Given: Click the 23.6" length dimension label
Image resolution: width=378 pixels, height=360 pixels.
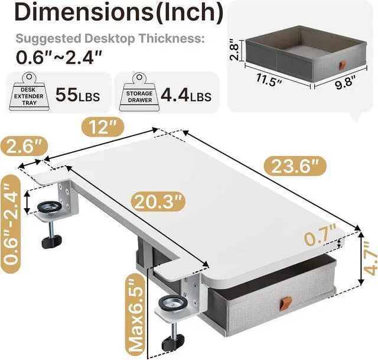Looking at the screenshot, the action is (x=295, y=166).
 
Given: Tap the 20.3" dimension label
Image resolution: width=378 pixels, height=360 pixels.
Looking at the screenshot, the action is (x=158, y=202).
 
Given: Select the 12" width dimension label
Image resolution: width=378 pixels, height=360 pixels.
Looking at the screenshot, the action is (x=103, y=127).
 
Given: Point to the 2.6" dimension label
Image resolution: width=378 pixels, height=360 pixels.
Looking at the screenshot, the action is (x=24, y=146).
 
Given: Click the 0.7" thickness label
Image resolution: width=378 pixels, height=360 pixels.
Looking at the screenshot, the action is (x=320, y=238).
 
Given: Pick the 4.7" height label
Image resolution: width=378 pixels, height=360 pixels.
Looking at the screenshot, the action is (x=371, y=258).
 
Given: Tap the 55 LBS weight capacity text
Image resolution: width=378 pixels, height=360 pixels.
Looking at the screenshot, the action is (x=77, y=95).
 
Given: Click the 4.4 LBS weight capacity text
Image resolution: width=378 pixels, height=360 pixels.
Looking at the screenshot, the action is (x=185, y=95).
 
